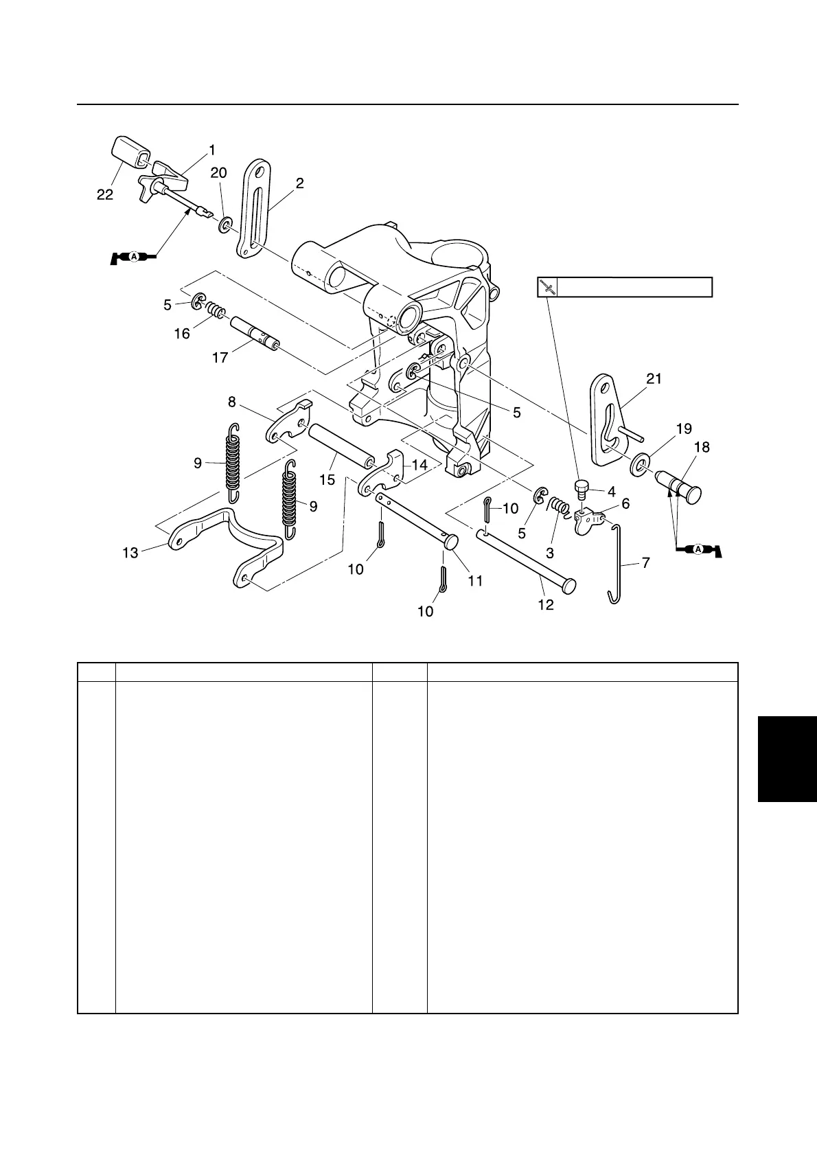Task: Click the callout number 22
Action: pos(105,195)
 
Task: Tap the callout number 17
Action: pos(220,358)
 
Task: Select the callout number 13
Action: pos(130,552)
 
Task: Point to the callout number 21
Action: pos(654,378)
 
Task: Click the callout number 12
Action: pos(545,606)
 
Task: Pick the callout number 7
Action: pos(645,562)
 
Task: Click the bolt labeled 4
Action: pos(581,490)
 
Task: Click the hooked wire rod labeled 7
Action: pos(620,563)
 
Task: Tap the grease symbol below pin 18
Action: pos(698,549)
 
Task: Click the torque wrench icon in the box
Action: pos(547,287)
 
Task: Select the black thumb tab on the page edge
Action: pos(787,758)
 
